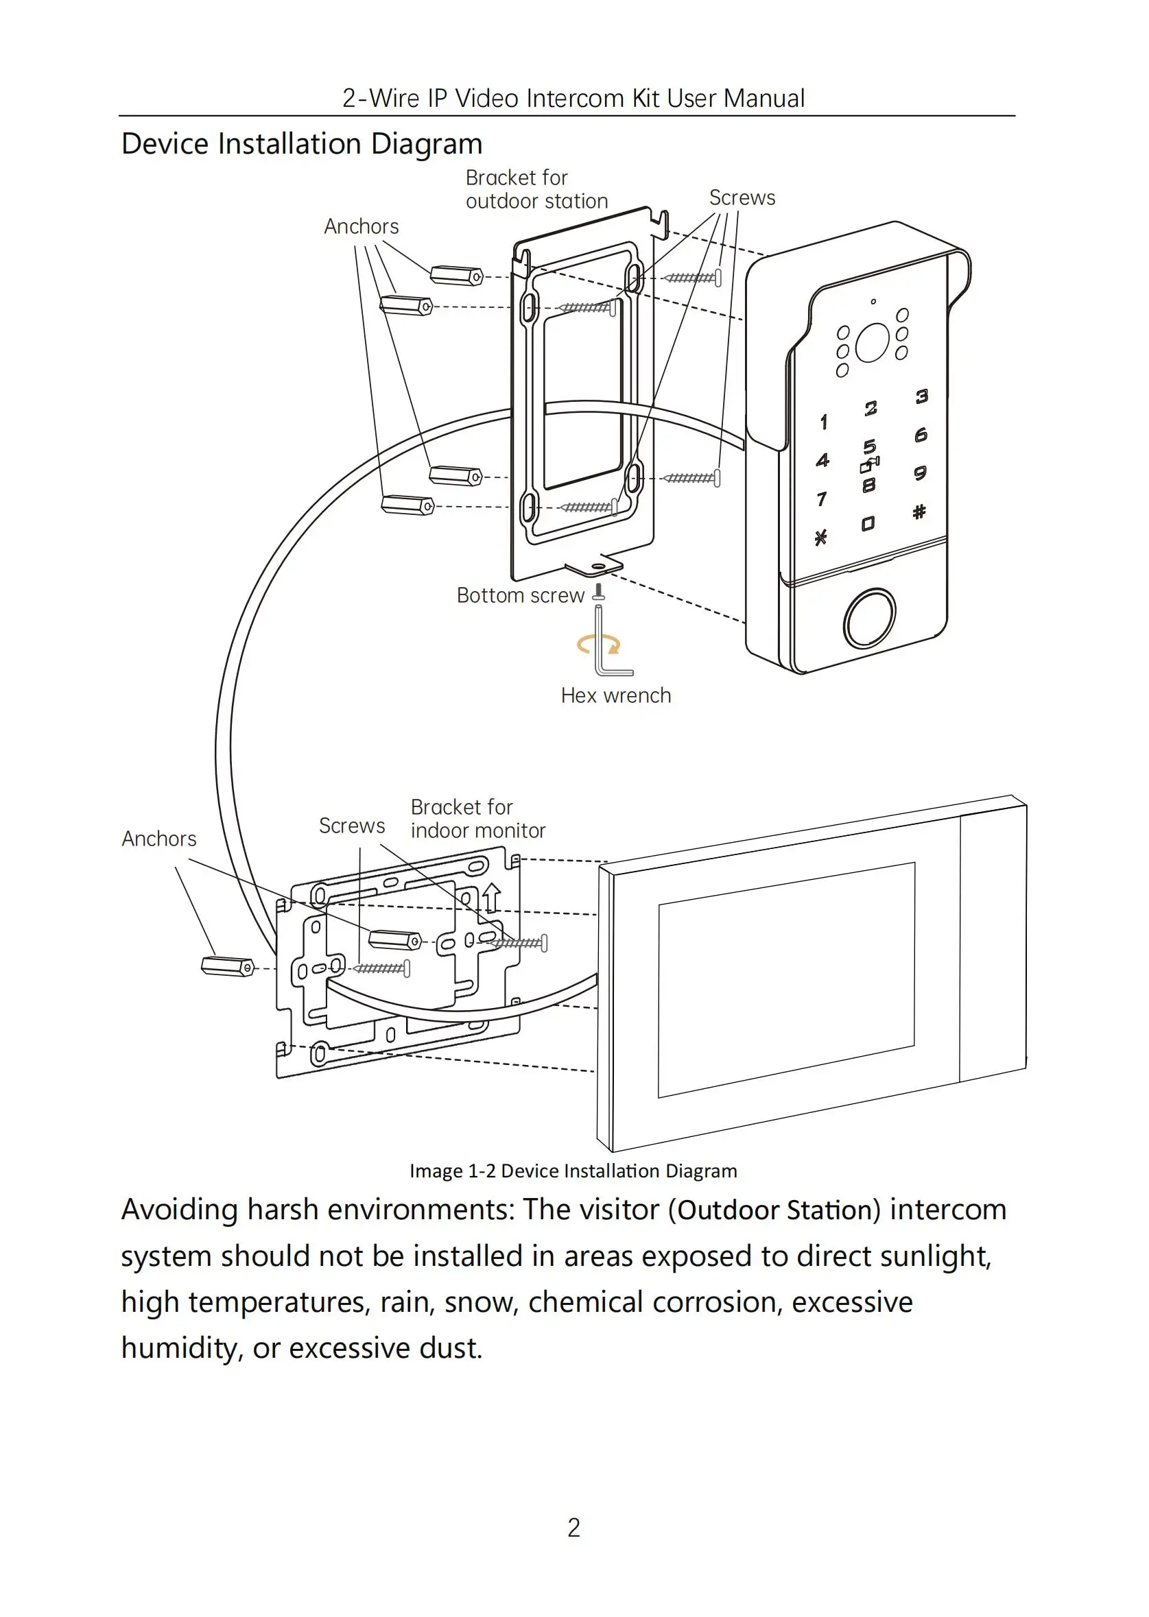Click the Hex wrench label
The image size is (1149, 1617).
615,695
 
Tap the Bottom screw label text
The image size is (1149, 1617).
520,596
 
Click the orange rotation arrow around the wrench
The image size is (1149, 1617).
598,645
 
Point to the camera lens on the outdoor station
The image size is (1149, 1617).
872,343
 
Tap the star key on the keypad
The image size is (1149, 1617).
820,538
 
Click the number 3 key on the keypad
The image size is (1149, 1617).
921,396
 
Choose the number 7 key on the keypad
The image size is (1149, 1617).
821,499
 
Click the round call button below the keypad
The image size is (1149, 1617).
870,619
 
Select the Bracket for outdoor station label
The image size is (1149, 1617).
536,189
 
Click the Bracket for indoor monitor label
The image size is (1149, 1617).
477,818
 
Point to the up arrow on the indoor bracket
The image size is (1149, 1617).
492,898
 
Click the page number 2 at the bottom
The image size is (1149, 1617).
573,1528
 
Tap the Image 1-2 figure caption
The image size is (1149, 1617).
573,1171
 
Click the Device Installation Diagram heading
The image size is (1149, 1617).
302,143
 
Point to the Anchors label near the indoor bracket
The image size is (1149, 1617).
159,839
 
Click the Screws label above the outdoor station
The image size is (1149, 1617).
742,198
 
